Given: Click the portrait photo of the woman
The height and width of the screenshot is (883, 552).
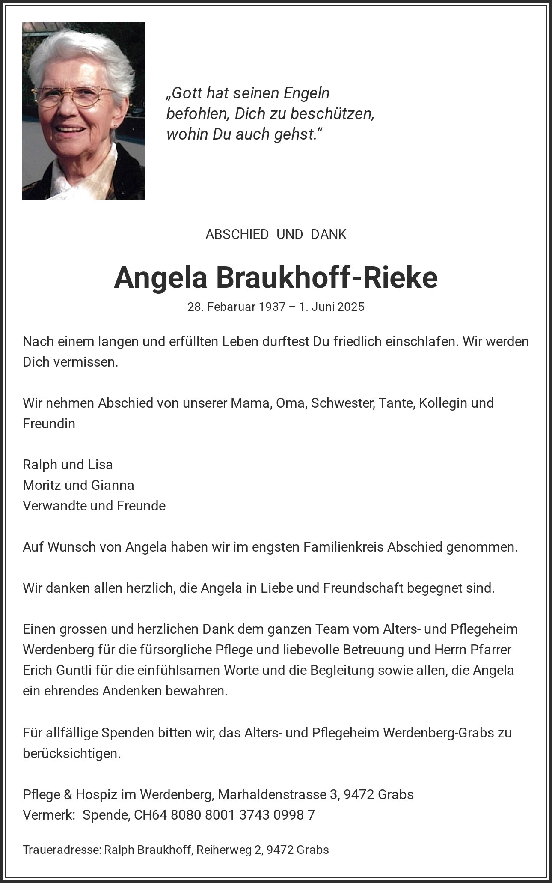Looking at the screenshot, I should point(84,110).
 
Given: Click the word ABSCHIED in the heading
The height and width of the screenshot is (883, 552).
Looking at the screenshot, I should point(237,235).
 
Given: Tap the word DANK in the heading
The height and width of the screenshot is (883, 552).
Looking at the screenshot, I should point(329,235).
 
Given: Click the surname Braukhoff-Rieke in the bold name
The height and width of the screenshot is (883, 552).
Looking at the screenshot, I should point(327,277).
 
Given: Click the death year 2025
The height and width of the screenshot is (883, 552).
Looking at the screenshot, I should point(350,307).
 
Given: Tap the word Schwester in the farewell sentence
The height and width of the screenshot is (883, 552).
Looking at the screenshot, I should point(342,403).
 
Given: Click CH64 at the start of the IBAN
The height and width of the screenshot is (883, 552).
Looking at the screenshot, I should point(150,815).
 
